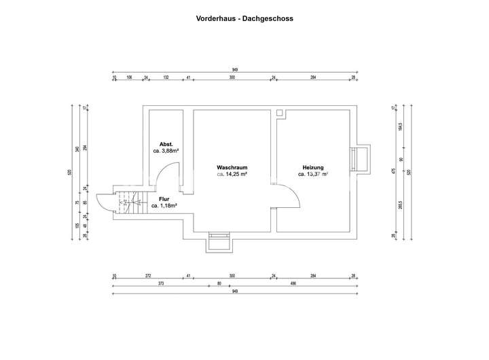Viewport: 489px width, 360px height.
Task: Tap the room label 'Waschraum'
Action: (231, 167)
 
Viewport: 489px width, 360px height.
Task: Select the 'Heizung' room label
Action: (312, 167)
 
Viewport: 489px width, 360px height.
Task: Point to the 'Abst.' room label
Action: (166, 144)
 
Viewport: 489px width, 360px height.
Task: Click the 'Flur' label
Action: (164, 198)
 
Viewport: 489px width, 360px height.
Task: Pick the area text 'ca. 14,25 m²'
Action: (231, 175)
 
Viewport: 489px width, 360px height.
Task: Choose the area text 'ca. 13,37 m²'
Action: (313, 175)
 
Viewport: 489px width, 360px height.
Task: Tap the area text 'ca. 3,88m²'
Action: (166, 151)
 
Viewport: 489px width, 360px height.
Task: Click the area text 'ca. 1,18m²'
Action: (164, 205)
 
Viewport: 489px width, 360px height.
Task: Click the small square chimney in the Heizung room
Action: (279, 112)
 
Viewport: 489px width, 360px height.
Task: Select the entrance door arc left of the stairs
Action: (104, 202)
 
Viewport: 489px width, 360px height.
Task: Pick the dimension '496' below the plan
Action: (293, 283)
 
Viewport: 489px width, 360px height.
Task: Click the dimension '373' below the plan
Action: (160, 283)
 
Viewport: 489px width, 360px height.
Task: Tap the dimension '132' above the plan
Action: (166, 78)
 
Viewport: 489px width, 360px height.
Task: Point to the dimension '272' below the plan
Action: (148, 276)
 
